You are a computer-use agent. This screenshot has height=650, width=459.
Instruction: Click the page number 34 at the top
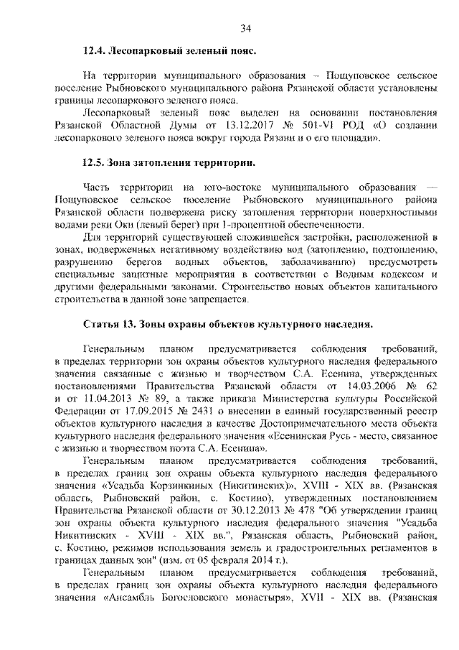pos(245,28)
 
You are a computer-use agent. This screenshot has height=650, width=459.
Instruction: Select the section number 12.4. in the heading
pos(95,52)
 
